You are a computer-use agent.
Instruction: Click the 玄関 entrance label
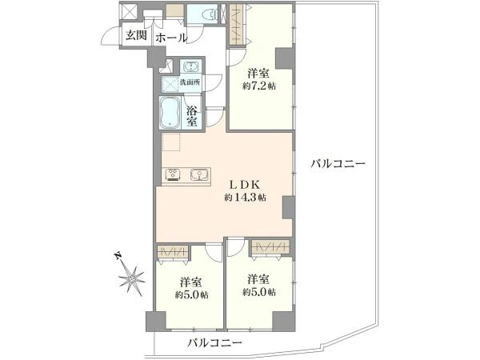tap(134, 35)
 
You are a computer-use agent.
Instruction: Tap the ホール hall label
tap(170, 38)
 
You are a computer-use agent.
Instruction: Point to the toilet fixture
tap(206, 14)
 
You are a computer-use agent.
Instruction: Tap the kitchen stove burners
tap(174, 175)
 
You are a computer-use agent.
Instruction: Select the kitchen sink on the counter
tap(199, 175)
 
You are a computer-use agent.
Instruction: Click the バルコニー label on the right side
tap(338, 164)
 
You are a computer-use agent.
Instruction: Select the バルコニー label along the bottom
tap(214, 342)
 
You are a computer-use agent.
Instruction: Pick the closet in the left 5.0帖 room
tap(172, 253)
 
